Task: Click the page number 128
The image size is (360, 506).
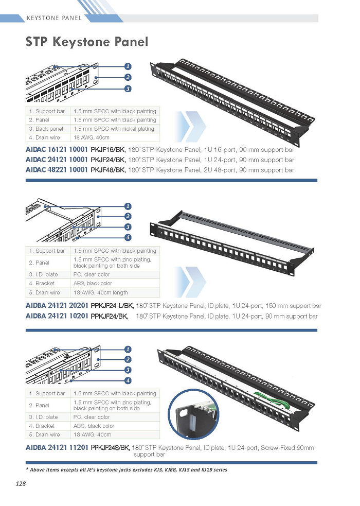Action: point(21,483)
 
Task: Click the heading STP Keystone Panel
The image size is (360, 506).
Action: point(87,42)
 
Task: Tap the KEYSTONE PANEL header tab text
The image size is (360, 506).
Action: point(54,18)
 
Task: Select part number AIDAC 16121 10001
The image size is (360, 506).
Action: point(57,149)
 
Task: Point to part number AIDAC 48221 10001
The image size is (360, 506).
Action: point(57,170)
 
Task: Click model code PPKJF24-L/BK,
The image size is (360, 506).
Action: point(112,306)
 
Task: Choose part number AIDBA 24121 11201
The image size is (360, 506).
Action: point(57,448)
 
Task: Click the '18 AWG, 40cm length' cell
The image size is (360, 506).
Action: point(101,293)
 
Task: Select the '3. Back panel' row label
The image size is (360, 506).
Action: point(46,129)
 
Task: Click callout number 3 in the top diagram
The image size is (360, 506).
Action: point(128,89)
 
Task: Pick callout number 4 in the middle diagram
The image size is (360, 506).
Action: point(128,237)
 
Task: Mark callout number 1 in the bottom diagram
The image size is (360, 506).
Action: point(128,349)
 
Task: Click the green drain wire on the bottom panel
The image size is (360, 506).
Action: point(269,397)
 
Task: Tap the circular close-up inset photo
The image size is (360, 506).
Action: point(194,414)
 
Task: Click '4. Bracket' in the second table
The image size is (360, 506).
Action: point(42,283)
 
